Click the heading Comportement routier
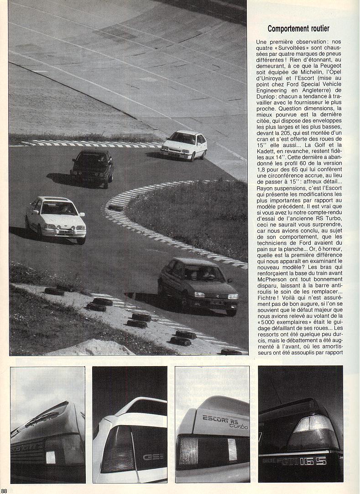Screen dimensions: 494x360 tap(298, 29)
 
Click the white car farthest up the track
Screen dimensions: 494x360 tap(184, 145)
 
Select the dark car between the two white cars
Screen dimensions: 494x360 tap(93, 168)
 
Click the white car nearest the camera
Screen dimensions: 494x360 tap(56, 219)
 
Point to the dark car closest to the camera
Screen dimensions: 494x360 tap(198, 284)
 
